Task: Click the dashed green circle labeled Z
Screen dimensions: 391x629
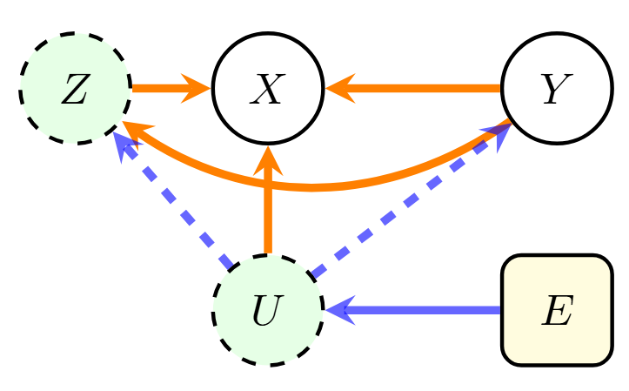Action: pos(75,89)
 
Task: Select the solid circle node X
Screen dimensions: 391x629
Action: pos(268,89)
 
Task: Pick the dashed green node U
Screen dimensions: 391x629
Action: pos(268,310)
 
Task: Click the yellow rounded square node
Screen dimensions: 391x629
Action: pos(557,310)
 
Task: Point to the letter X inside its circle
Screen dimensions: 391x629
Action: pos(268,90)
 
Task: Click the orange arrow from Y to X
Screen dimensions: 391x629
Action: pos(418,88)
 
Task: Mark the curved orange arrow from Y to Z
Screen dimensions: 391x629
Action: pos(313,185)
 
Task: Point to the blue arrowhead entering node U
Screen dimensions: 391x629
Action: pos(338,310)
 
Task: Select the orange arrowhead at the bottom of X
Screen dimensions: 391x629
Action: pos(268,158)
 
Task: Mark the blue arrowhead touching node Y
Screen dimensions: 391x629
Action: pos(497,136)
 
